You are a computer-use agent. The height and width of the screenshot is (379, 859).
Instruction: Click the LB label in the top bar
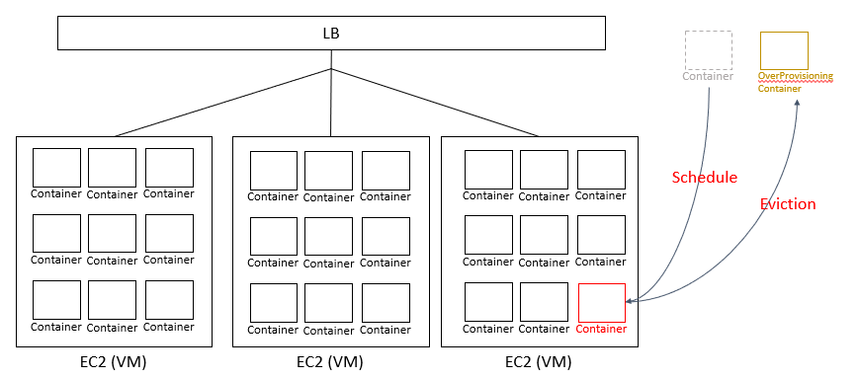coord(331,34)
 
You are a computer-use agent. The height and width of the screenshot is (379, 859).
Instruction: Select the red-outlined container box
coord(601,302)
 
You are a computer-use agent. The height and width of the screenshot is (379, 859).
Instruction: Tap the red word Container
coord(601,329)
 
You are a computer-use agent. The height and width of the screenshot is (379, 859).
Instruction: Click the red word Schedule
coord(705,178)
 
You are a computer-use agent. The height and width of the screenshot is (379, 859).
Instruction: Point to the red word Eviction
coord(787,204)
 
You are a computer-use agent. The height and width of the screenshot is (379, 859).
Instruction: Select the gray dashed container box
coord(708,49)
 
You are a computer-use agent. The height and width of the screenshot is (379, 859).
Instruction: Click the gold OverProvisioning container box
coord(783,49)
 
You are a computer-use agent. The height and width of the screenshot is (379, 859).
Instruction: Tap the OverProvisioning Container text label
coord(795,82)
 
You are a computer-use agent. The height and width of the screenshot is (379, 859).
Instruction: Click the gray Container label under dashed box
coord(708,76)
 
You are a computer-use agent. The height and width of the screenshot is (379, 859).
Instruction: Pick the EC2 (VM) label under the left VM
coord(114,362)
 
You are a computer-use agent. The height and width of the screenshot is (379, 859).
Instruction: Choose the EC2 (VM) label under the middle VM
coord(330,362)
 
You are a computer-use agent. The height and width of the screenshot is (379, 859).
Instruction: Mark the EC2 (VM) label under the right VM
coord(539,362)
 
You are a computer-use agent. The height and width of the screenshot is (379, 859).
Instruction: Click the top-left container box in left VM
coord(56,168)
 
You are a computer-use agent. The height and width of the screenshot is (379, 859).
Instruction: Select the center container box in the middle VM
coord(329,237)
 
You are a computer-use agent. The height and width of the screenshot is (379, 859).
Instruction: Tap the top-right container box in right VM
coord(601,169)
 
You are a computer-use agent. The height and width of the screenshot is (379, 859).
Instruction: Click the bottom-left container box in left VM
coord(56,300)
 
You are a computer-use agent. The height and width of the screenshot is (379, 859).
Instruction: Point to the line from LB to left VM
coord(222,103)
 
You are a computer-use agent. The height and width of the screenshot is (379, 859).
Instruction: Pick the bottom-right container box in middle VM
coord(386,303)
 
